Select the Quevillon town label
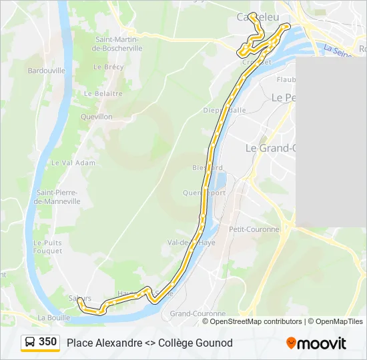tap(96, 116)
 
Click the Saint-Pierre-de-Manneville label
tap(58, 197)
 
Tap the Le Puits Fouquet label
tap(47, 247)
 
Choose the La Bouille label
tap(54, 317)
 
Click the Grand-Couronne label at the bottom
tap(198, 313)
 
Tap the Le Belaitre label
tap(108, 93)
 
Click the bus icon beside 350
tap(30, 342)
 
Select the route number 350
tap(48, 342)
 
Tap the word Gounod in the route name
tap(215, 343)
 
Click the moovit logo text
tap(322, 343)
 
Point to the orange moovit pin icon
tap(291, 343)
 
